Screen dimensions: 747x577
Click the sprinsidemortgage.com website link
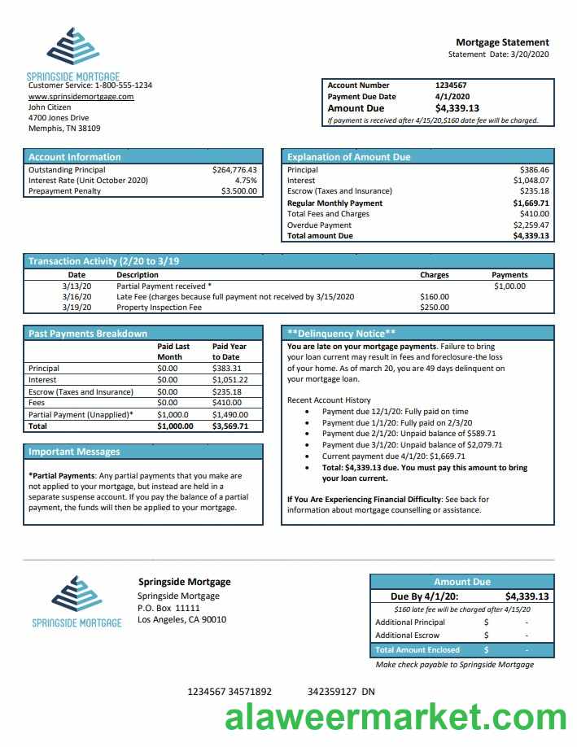tap(81, 96)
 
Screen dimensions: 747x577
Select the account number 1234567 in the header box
tap(451, 85)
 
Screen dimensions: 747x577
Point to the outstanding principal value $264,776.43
tap(234, 170)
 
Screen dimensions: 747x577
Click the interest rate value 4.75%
tap(246, 181)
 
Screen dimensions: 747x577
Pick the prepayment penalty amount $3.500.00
tap(239, 191)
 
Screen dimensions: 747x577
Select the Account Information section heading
tap(74, 157)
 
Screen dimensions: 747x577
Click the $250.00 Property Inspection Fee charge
tap(434, 308)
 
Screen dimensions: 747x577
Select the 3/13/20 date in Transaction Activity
tap(76, 286)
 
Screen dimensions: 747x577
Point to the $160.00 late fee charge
tap(434, 297)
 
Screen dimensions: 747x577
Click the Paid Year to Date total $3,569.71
tap(229, 426)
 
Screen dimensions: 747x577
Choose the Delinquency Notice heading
tap(342, 334)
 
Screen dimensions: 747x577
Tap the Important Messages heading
tap(74, 452)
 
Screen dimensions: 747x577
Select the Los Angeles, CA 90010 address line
tap(181, 620)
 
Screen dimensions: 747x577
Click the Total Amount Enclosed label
tap(417, 650)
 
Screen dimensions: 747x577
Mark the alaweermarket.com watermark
tap(396, 718)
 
